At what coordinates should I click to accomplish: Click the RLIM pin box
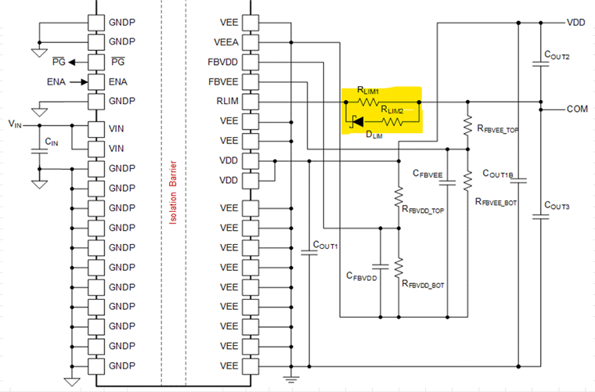point(251,102)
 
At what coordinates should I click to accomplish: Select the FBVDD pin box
point(251,62)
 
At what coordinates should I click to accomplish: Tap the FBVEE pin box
point(251,82)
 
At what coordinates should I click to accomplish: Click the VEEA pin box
point(251,42)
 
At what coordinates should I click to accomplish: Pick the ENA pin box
point(96,82)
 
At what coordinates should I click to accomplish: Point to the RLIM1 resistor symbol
point(368,102)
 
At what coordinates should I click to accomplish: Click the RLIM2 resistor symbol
point(393,122)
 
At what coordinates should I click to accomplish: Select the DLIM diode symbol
point(357,122)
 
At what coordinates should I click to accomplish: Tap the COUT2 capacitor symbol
point(541,63)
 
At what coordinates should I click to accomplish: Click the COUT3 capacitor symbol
point(541,218)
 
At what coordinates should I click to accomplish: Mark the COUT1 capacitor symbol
point(309,252)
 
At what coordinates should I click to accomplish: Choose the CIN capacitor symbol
point(39,151)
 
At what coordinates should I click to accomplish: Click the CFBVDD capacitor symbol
point(380,267)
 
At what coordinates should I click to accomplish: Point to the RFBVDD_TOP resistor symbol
point(398,196)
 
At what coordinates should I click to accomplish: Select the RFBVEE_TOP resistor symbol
point(467,125)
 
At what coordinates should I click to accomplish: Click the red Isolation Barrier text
point(173,192)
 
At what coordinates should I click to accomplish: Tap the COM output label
point(577,110)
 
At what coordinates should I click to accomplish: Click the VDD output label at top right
point(575,23)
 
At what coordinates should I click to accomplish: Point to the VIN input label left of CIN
point(15,124)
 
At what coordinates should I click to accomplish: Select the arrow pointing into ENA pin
point(79,82)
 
